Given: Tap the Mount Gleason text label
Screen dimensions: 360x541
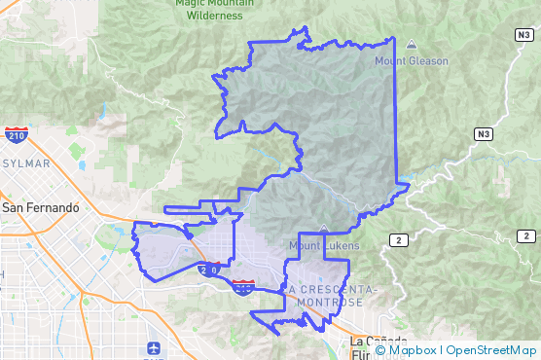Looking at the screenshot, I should [x=412, y=61].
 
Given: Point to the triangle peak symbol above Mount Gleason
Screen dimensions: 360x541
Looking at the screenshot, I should [x=411, y=44].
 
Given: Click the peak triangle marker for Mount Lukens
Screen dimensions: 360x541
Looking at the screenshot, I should [x=323, y=231].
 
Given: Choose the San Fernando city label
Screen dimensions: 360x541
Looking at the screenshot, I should [x=40, y=208].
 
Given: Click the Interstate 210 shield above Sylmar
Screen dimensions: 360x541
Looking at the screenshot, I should [x=15, y=136].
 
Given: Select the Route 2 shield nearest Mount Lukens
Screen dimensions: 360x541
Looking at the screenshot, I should [x=397, y=239].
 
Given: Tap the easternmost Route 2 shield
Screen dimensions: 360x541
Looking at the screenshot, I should [x=526, y=236].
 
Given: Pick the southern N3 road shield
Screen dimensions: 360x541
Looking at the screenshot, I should [x=484, y=133].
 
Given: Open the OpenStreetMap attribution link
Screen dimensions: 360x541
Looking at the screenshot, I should [x=490, y=350].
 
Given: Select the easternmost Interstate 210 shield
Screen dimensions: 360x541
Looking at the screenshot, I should [x=243, y=286].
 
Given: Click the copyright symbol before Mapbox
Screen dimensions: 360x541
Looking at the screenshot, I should [x=380, y=350].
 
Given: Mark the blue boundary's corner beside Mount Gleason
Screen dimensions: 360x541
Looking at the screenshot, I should [x=394, y=39].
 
